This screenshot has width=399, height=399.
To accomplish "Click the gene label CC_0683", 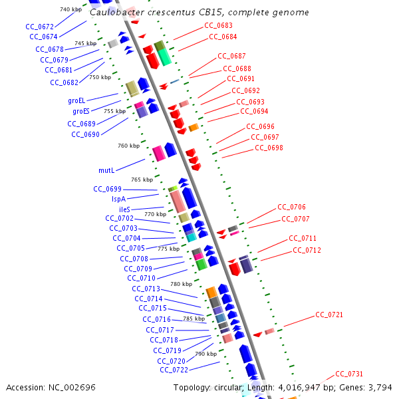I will pyautogui.click(x=218, y=25).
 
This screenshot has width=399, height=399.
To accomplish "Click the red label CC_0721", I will pyautogui.click(x=329, y=315).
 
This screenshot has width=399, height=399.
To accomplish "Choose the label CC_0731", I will pyautogui.click(x=349, y=374).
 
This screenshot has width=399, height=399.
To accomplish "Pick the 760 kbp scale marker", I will pyautogui.click(x=128, y=146).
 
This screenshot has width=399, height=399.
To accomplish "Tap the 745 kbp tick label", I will pyautogui.click(x=85, y=43).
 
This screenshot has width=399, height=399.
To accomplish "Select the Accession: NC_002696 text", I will pyautogui.click(x=51, y=388).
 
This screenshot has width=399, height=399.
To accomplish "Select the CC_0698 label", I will pyautogui.click(x=269, y=148).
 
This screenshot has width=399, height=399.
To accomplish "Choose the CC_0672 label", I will pyautogui.click(x=40, y=27).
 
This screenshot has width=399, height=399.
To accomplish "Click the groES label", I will pyautogui.click(x=81, y=111).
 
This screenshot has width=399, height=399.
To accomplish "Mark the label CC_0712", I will pyautogui.click(x=307, y=250).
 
